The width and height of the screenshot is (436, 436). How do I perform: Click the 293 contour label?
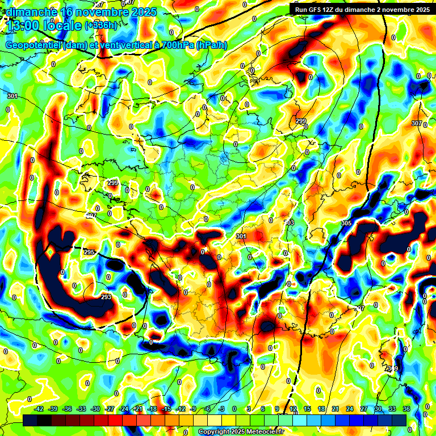pyautogui.click(x=106, y=296)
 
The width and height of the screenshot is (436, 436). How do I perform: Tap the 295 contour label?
pyautogui.click(x=89, y=252)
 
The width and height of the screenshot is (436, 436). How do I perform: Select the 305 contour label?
pyautogui.click(x=346, y=223)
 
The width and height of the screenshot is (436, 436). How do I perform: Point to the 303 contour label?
pyautogui.click(x=290, y=223)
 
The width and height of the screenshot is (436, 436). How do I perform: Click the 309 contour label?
pyautogui.click(x=392, y=368)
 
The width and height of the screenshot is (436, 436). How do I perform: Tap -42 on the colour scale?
pyautogui.click(x=39, y=409)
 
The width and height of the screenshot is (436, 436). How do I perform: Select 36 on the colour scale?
pyautogui.click(x=406, y=409)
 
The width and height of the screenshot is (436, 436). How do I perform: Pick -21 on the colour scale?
pyautogui.click(x=138, y=409)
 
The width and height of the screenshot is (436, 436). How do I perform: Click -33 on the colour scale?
pyautogui.click(x=81, y=409)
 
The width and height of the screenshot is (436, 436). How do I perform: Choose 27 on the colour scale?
pyautogui.click(x=364, y=409)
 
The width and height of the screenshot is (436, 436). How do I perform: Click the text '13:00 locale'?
pyautogui.click(x=44, y=26)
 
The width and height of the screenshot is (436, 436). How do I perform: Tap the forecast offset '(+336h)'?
pyautogui.click(x=101, y=26)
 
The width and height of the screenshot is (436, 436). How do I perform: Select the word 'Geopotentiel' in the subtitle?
pyautogui.click(x=33, y=45)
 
